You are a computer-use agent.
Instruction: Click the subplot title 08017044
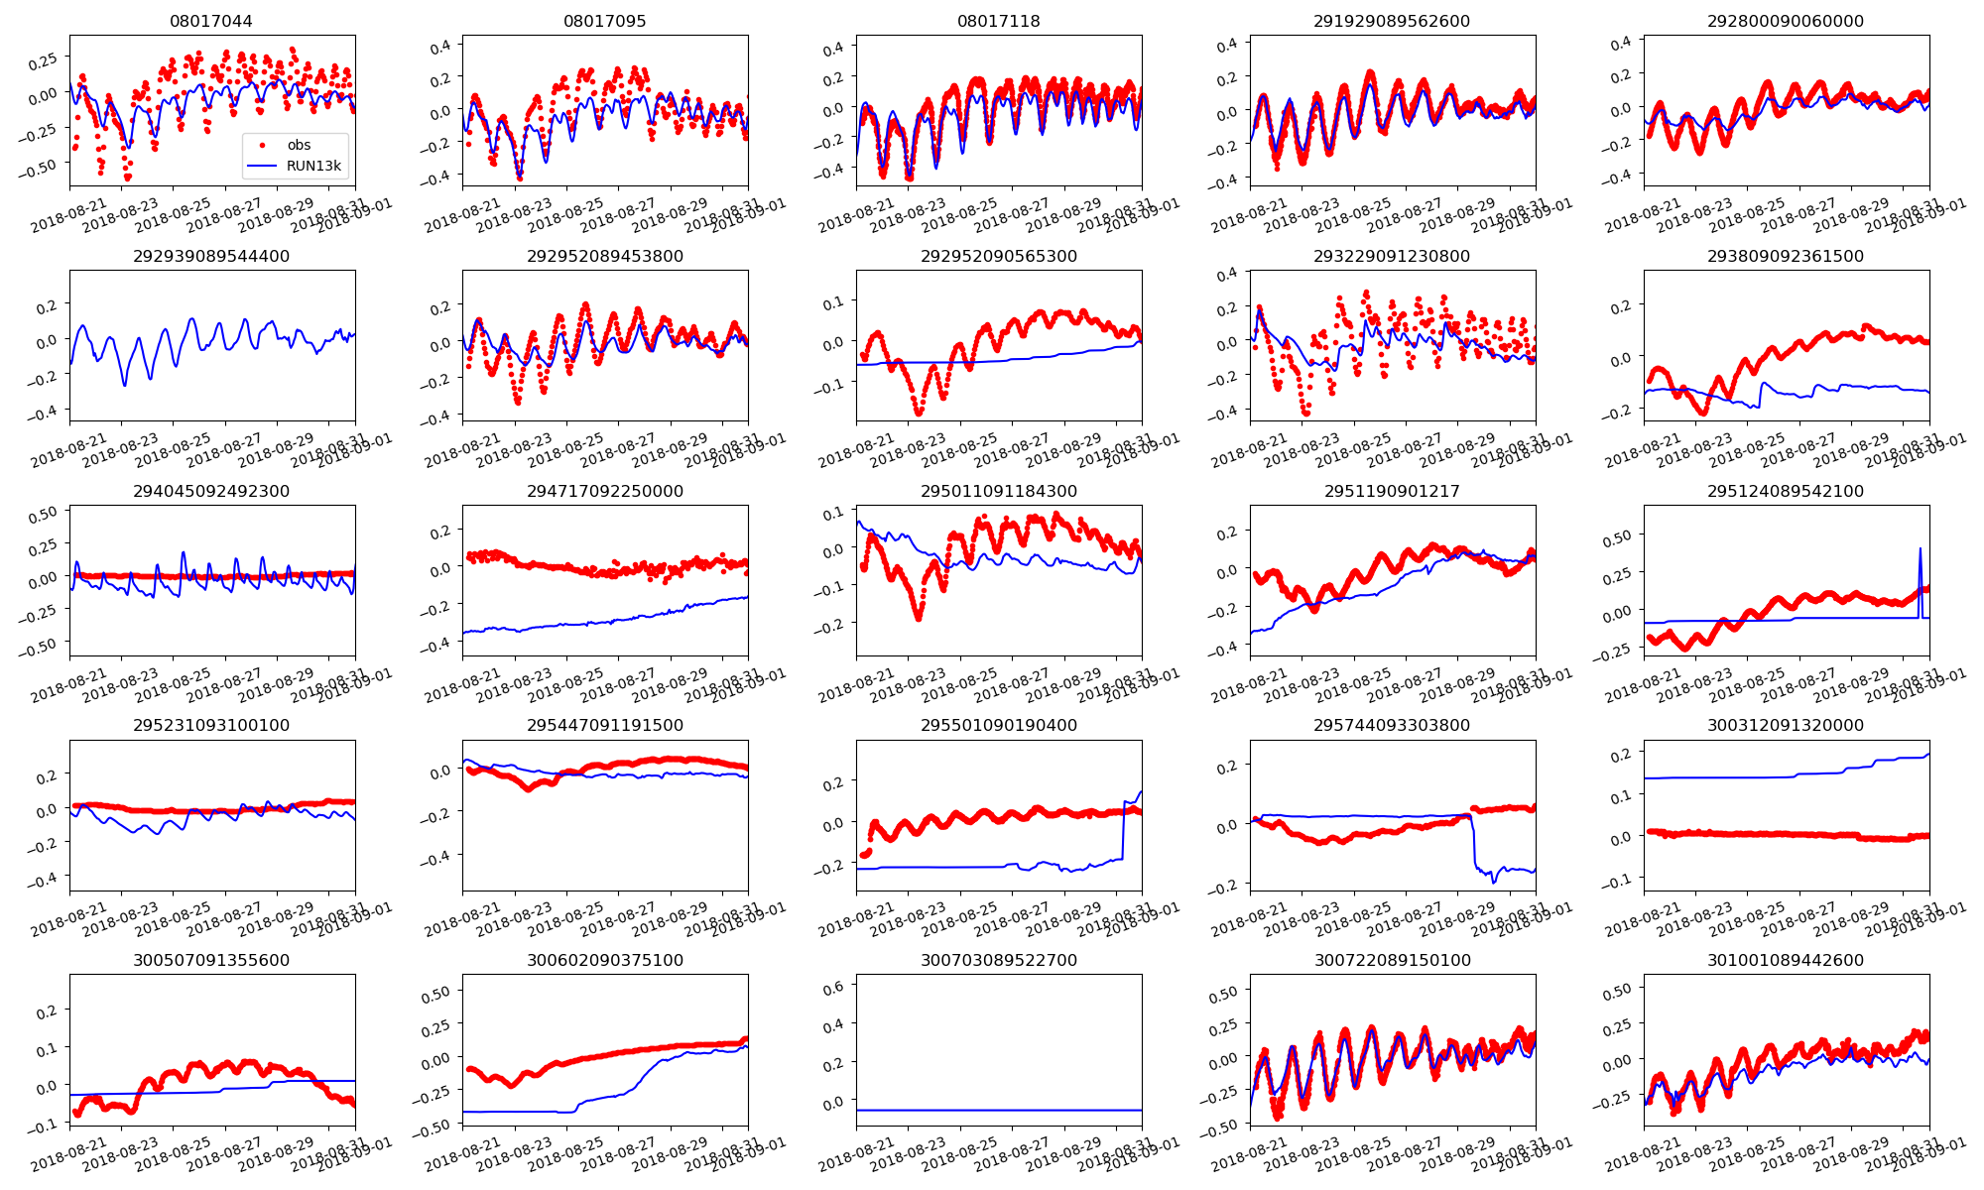click(x=211, y=21)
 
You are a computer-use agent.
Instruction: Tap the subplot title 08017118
click(x=998, y=21)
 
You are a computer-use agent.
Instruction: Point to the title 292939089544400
click(x=211, y=256)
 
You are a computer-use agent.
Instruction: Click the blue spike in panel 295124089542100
click(x=1920, y=550)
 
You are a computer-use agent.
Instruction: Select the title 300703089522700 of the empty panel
click(x=998, y=960)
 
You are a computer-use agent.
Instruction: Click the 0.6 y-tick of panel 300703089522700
click(x=835, y=986)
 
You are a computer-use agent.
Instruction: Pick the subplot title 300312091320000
click(x=1785, y=725)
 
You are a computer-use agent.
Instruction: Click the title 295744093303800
click(x=1392, y=725)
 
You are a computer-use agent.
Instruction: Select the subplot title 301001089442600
click(x=1785, y=960)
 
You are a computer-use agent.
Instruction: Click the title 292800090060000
click(x=1785, y=21)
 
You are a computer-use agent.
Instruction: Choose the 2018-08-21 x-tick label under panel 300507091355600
click(x=69, y=1155)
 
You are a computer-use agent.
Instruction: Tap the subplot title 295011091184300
click(x=998, y=491)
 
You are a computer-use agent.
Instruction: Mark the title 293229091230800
click(x=1392, y=256)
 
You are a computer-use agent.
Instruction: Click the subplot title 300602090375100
click(x=605, y=960)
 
